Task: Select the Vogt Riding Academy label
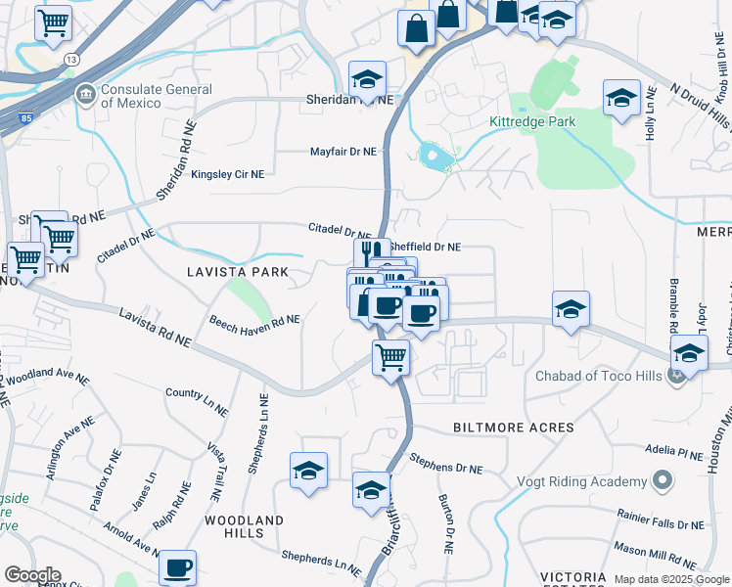coord(581,481)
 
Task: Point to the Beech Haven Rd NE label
coord(254,320)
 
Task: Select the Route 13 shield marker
coord(71,60)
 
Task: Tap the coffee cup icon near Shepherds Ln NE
coord(177,566)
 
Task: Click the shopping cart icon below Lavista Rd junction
coord(390,357)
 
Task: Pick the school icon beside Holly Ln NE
coord(621,98)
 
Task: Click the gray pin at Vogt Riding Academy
coord(663,480)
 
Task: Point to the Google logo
coord(32,575)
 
